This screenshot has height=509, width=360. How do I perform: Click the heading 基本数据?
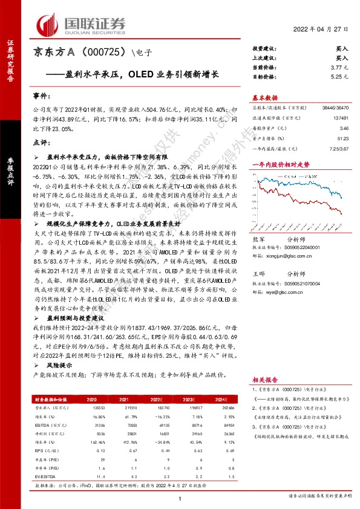point(264,97)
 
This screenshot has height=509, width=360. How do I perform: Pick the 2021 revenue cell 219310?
point(123,409)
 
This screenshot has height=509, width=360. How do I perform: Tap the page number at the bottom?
point(180,498)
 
